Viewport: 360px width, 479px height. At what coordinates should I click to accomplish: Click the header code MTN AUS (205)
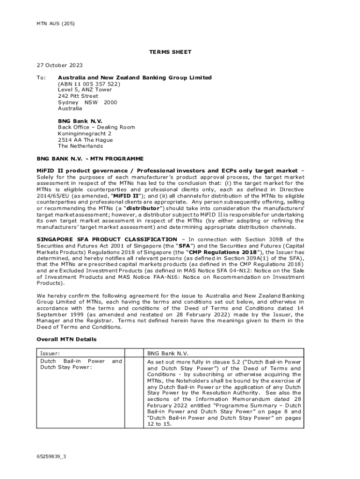[55, 23]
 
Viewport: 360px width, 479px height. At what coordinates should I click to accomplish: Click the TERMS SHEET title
[170, 52]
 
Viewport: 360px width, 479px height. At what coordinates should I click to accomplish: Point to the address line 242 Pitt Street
[78, 96]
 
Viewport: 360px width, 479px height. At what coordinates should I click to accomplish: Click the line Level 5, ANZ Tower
[85, 90]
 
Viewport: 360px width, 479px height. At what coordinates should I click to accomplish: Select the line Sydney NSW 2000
[87, 102]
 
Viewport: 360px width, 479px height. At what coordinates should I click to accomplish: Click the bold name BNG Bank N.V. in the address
[80, 121]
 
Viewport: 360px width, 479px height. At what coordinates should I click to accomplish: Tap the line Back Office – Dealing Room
[96, 127]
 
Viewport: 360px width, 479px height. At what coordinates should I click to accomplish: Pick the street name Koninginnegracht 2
[85, 133]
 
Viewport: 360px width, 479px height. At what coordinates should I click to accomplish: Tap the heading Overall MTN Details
[66, 339]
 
